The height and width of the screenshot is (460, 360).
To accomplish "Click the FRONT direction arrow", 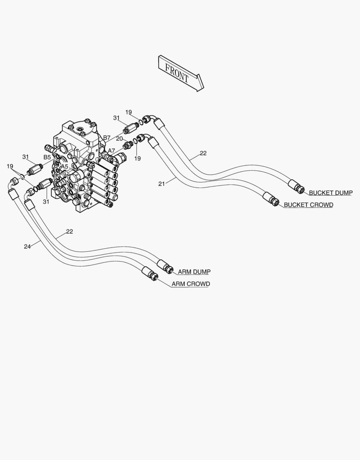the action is (x=181, y=73).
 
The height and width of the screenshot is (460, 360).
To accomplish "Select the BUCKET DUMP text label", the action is (x=331, y=193).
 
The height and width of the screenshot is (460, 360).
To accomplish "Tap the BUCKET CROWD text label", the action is (x=309, y=205).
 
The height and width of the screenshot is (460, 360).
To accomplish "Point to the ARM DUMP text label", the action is (x=194, y=272).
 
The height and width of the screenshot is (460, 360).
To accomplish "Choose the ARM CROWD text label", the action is (x=191, y=284).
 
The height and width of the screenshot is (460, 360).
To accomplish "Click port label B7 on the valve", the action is (x=107, y=138).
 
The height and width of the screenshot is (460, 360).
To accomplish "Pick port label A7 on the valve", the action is (x=111, y=150).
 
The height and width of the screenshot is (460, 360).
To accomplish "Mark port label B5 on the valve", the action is (x=47, y=157).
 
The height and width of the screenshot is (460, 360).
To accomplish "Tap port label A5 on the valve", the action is (x=65, y=167).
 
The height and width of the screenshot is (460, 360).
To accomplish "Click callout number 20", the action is (x=119, y=138).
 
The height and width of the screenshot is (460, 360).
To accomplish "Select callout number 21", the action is (x=162, y=184).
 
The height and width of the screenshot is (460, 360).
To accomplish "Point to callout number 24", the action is (x=27, y=247).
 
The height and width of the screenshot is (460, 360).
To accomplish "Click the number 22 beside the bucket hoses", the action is (x=203, y=153).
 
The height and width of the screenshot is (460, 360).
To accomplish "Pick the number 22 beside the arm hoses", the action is (x=69, y=231).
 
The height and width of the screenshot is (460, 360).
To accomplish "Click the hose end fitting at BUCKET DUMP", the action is (x=296, y=186).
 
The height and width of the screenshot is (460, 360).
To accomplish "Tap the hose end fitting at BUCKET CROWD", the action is (x=271, y=199).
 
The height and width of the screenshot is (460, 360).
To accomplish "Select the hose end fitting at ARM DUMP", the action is (x=166, y=266).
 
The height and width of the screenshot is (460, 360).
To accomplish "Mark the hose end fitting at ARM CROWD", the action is (x=150, y=273).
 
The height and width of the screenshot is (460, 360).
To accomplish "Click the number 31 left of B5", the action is (x=26, y=157).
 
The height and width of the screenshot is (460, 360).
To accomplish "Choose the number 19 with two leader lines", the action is (x=10, y=167).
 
